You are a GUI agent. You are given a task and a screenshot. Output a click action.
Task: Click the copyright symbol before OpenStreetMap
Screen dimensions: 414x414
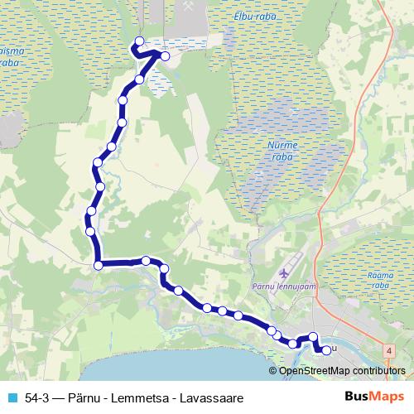(273, 370)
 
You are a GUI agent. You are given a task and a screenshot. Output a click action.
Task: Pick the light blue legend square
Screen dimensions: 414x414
(12, 397)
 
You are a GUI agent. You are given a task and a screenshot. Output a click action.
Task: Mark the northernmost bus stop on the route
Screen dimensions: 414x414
(138, 41)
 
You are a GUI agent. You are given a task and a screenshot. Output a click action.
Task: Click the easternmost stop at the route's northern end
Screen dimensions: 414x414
(165, 56)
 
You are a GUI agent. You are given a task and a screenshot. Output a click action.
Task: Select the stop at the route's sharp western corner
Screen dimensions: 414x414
(99, 265)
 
